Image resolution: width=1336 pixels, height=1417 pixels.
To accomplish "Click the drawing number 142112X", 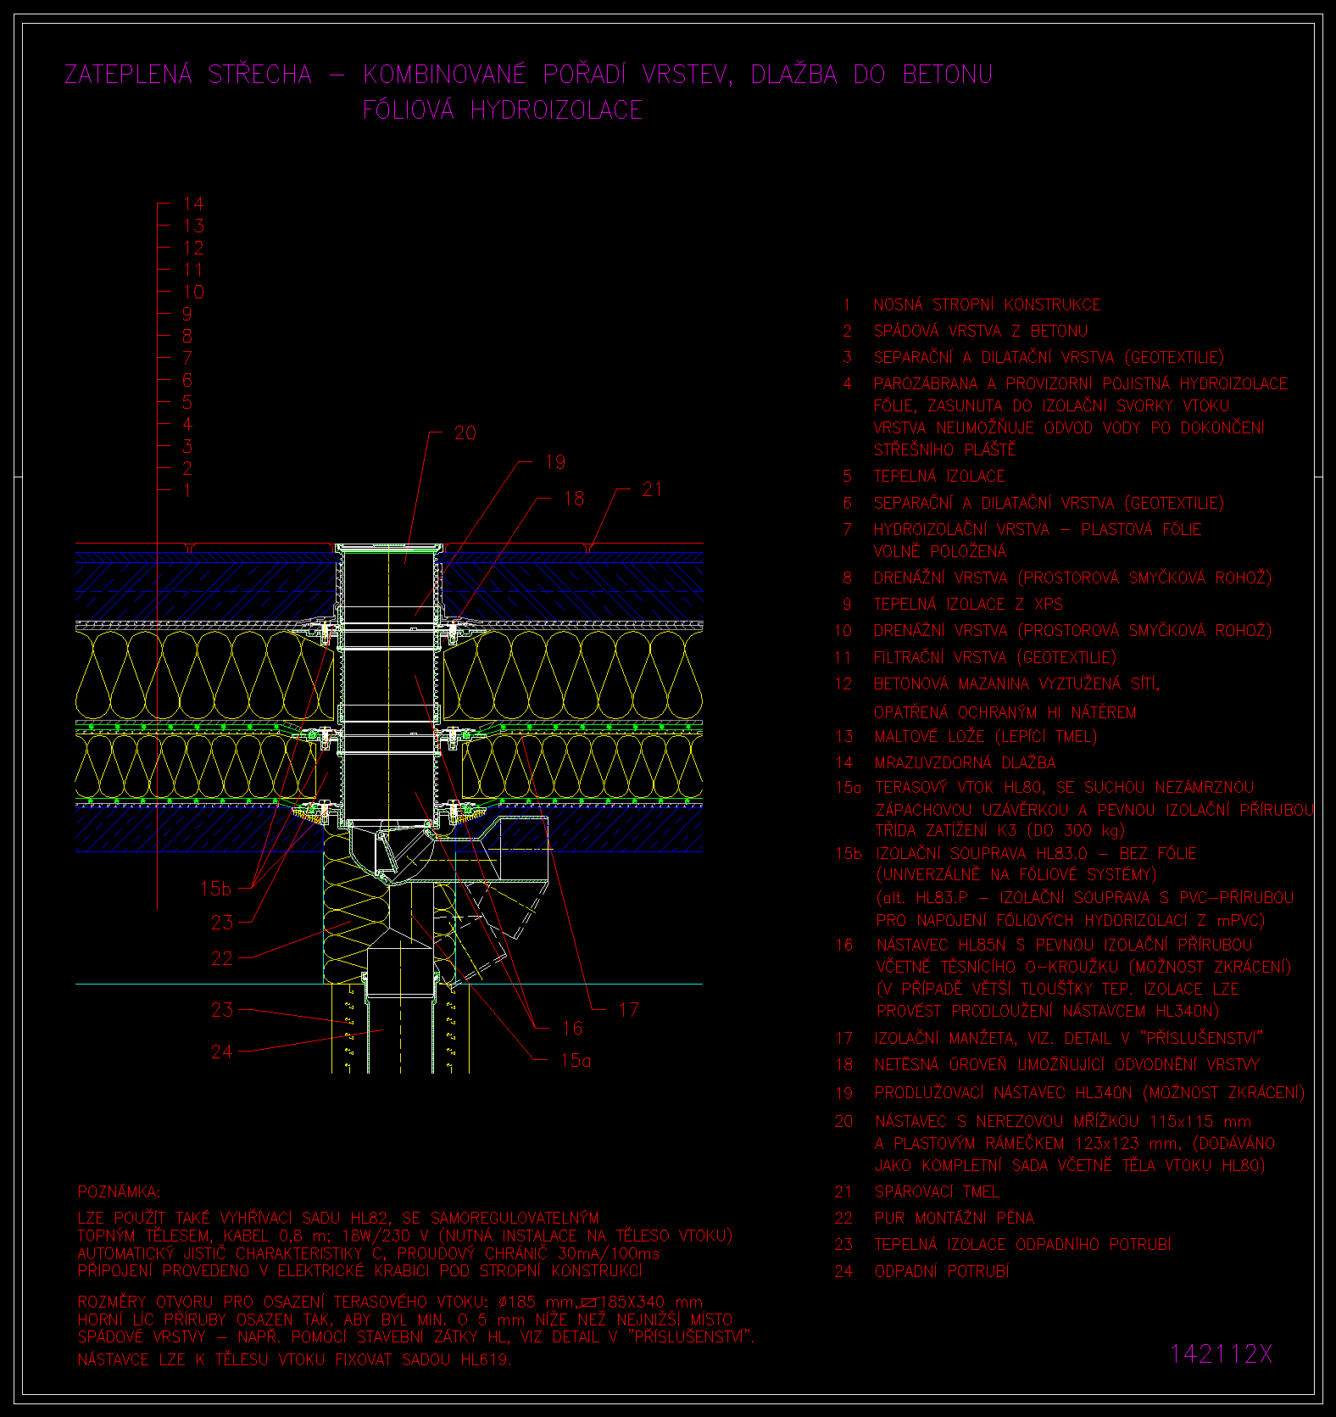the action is point(1222,1354).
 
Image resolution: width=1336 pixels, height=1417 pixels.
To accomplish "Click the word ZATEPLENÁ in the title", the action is point(129,75).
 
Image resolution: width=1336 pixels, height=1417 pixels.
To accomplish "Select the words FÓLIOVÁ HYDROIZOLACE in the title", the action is point(503,110).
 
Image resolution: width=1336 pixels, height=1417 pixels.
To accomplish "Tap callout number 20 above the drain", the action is point(465,433).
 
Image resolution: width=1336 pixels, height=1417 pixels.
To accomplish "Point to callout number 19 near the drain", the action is point(555,462).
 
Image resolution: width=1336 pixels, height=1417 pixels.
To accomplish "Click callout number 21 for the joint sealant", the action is point(652,489).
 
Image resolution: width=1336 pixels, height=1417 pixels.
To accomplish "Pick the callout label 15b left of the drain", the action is point(215,889).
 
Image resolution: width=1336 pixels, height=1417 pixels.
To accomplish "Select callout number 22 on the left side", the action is point(222,958).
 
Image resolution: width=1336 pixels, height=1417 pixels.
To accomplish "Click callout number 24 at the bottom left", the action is point(222,1052).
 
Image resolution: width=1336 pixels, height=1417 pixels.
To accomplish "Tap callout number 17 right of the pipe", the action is point(628,1009).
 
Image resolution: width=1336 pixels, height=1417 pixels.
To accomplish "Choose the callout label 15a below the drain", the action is point(576,1060).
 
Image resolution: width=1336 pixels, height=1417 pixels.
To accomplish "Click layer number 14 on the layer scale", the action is point(193,204).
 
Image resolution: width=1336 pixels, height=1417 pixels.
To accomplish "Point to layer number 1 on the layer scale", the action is point(187,490).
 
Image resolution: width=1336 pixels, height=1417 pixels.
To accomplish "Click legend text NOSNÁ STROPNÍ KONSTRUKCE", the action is point(988,304).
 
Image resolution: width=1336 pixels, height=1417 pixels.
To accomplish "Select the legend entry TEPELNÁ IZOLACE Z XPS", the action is point(968,604).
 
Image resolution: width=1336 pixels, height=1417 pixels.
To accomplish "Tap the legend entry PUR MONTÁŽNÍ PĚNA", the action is point(955,1218).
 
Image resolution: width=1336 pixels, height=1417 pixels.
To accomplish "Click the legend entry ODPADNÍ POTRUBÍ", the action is point(942,1271).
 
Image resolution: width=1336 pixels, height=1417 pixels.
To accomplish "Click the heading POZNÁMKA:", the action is point(119,1192).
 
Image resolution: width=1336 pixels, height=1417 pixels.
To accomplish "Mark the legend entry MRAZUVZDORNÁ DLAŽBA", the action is point(966,762).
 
